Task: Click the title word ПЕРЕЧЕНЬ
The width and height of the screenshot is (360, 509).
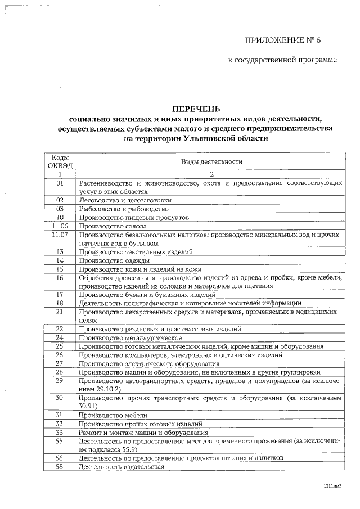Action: (196, 109)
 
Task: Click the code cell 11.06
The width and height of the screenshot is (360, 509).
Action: (60, 226)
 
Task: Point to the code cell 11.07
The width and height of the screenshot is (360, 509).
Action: (60, 234)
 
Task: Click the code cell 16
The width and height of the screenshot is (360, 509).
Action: (60, 277)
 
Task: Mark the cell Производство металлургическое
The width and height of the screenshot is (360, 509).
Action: (130, 337)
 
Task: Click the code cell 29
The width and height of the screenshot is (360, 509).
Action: (60, 381)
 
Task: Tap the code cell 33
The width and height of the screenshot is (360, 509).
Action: (60, 432)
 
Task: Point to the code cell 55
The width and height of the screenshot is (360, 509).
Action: (60, 441)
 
